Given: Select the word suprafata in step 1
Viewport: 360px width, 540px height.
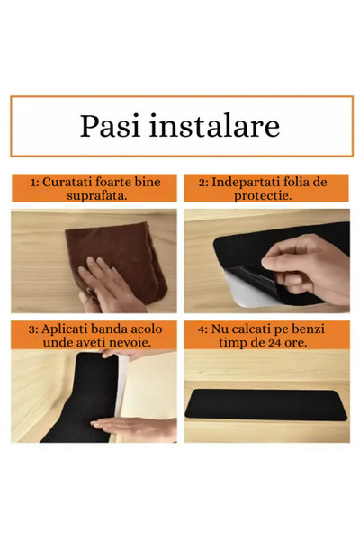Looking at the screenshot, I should (94, 195).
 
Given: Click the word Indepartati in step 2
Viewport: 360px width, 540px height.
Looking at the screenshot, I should (253, 182).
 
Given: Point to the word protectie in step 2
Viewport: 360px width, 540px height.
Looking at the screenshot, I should (267, 195).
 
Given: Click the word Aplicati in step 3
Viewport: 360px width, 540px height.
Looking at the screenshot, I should (67, 328).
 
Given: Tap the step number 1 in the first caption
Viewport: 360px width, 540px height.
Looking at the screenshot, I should (31, 182).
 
